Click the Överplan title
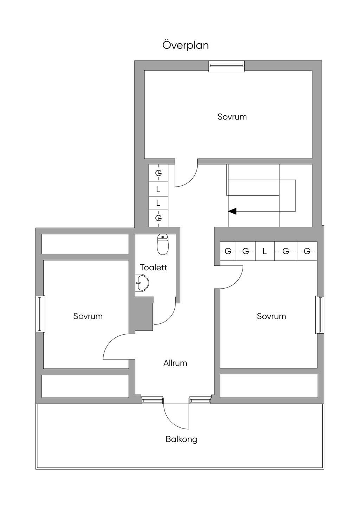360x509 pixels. click(186, 45)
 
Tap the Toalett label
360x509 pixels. click(154, 268)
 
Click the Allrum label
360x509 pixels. click(175, 363)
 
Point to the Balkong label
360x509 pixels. click(181, 439)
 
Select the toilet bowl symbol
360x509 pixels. click(162, 244)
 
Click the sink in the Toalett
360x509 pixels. click(142, 283)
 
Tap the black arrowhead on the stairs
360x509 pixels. click(232, 211)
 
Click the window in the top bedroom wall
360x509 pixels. click(226, 66)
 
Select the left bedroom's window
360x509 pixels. click(41, 314)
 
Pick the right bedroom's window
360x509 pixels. click(320, 315)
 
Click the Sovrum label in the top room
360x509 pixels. click(232, 117)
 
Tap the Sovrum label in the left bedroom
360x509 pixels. click(88, 316)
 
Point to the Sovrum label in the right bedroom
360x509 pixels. click(271, 316)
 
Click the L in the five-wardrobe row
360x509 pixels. click(265, 251)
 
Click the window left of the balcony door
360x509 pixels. click(153, 400)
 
